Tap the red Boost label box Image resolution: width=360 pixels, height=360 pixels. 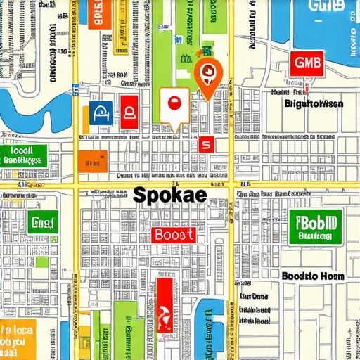point(174,235)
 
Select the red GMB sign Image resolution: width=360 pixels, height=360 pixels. point(306,64)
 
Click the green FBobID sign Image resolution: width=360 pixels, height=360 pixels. point(315,226)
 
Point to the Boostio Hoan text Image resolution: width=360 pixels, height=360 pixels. point(313,276)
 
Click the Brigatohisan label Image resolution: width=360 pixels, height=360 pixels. point(314,103)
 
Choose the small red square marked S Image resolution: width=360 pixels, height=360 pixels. point(206,144)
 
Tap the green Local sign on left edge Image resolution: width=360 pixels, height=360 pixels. point(22,155)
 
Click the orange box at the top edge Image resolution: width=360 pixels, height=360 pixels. point(100,14)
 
